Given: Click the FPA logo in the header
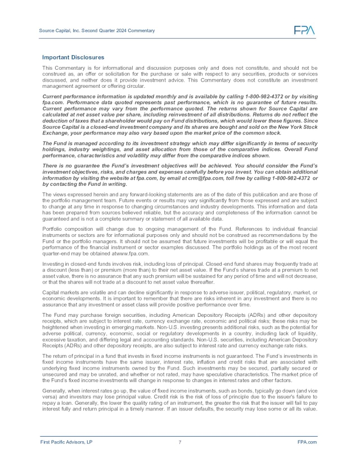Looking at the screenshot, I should [304, 30].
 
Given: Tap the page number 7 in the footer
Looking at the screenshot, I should [179, 442].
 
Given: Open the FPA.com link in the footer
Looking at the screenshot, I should [307, 442].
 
